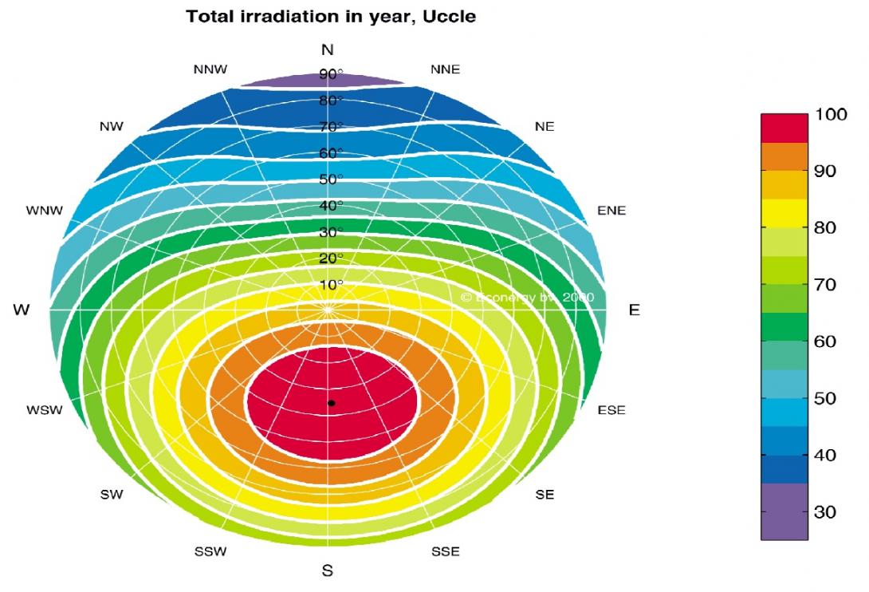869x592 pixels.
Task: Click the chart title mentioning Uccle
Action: (x=331, y=16)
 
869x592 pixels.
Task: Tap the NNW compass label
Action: (x=210, y=69)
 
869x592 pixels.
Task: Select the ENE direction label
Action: (x=611, y=211)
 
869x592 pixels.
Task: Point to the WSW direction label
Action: (x=45, y=411)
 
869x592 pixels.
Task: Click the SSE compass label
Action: (x=445, y=551)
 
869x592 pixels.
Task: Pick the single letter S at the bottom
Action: (x=327, y=571)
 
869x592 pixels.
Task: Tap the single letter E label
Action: (x=634, y=310)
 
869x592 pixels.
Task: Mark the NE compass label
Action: (x=545, y=127)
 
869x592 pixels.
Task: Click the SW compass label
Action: (x=112, y=495)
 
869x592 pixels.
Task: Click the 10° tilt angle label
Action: (x=331, y=285)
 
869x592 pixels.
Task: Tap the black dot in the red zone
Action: (x=331, y=403)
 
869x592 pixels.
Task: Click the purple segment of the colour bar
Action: (x=784, y=511)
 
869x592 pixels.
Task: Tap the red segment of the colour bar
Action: (x=784, y=128)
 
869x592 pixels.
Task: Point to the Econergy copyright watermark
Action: (x=527, y=297)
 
